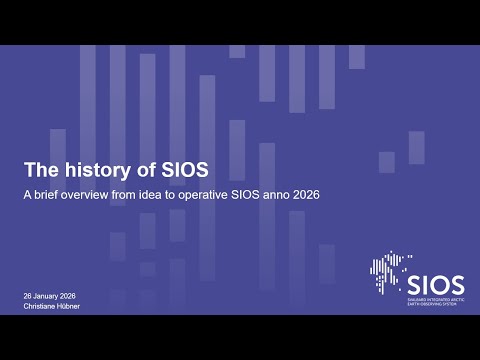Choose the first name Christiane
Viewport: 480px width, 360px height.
[43, 308]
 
